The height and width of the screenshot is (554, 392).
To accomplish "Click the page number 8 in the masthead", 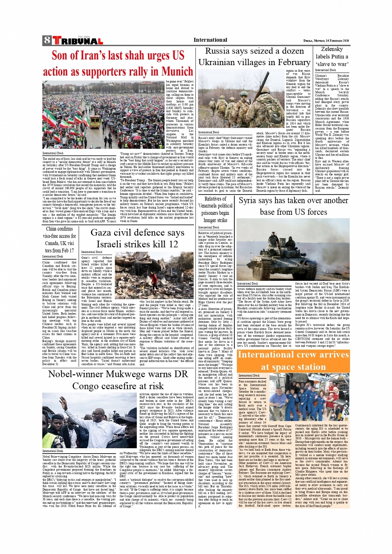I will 46,41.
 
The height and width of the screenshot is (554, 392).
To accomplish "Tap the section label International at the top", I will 210,40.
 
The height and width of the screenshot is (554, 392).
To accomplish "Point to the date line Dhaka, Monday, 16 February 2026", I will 326,41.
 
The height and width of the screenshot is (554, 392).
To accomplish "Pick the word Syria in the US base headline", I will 247,201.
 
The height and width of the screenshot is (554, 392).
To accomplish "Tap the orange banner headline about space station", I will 293,361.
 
